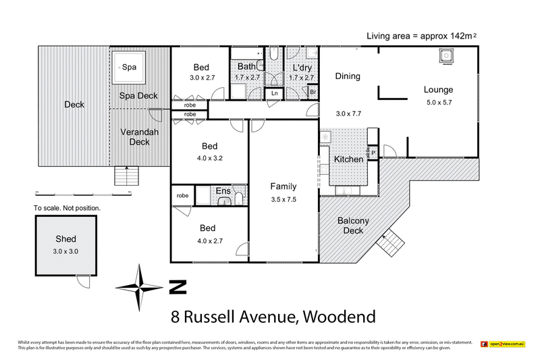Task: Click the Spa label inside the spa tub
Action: click(x=129, y=67)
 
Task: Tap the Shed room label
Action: click(x=66, y=239)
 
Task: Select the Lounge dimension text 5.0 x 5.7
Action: click(x=438, y=103)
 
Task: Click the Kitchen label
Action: click(x=349, y=159)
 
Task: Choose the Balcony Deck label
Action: click(x=352, y=226)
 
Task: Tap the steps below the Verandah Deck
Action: click(x=127, y=177)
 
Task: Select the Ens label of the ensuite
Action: click(x=223, y=192)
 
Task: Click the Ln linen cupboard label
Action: click(x=275, y=93)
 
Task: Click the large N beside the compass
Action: click(x=177, y=287)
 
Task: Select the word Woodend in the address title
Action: click(x=337, y=316)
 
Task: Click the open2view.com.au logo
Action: click(x=503, y=344)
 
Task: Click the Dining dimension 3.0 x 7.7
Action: click(x=349, y=114)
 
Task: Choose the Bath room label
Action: click(x=245, y=68)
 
